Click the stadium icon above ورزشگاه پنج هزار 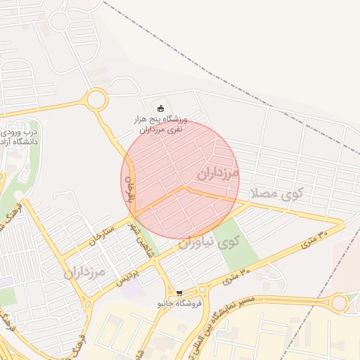(x=161, y=108)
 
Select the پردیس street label (x=127, y=271)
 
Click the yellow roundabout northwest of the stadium (x=96, y=99)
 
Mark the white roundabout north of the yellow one (x=59, y=20)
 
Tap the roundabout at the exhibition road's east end (x=340, y=303)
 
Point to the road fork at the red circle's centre (x=184, y=188)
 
